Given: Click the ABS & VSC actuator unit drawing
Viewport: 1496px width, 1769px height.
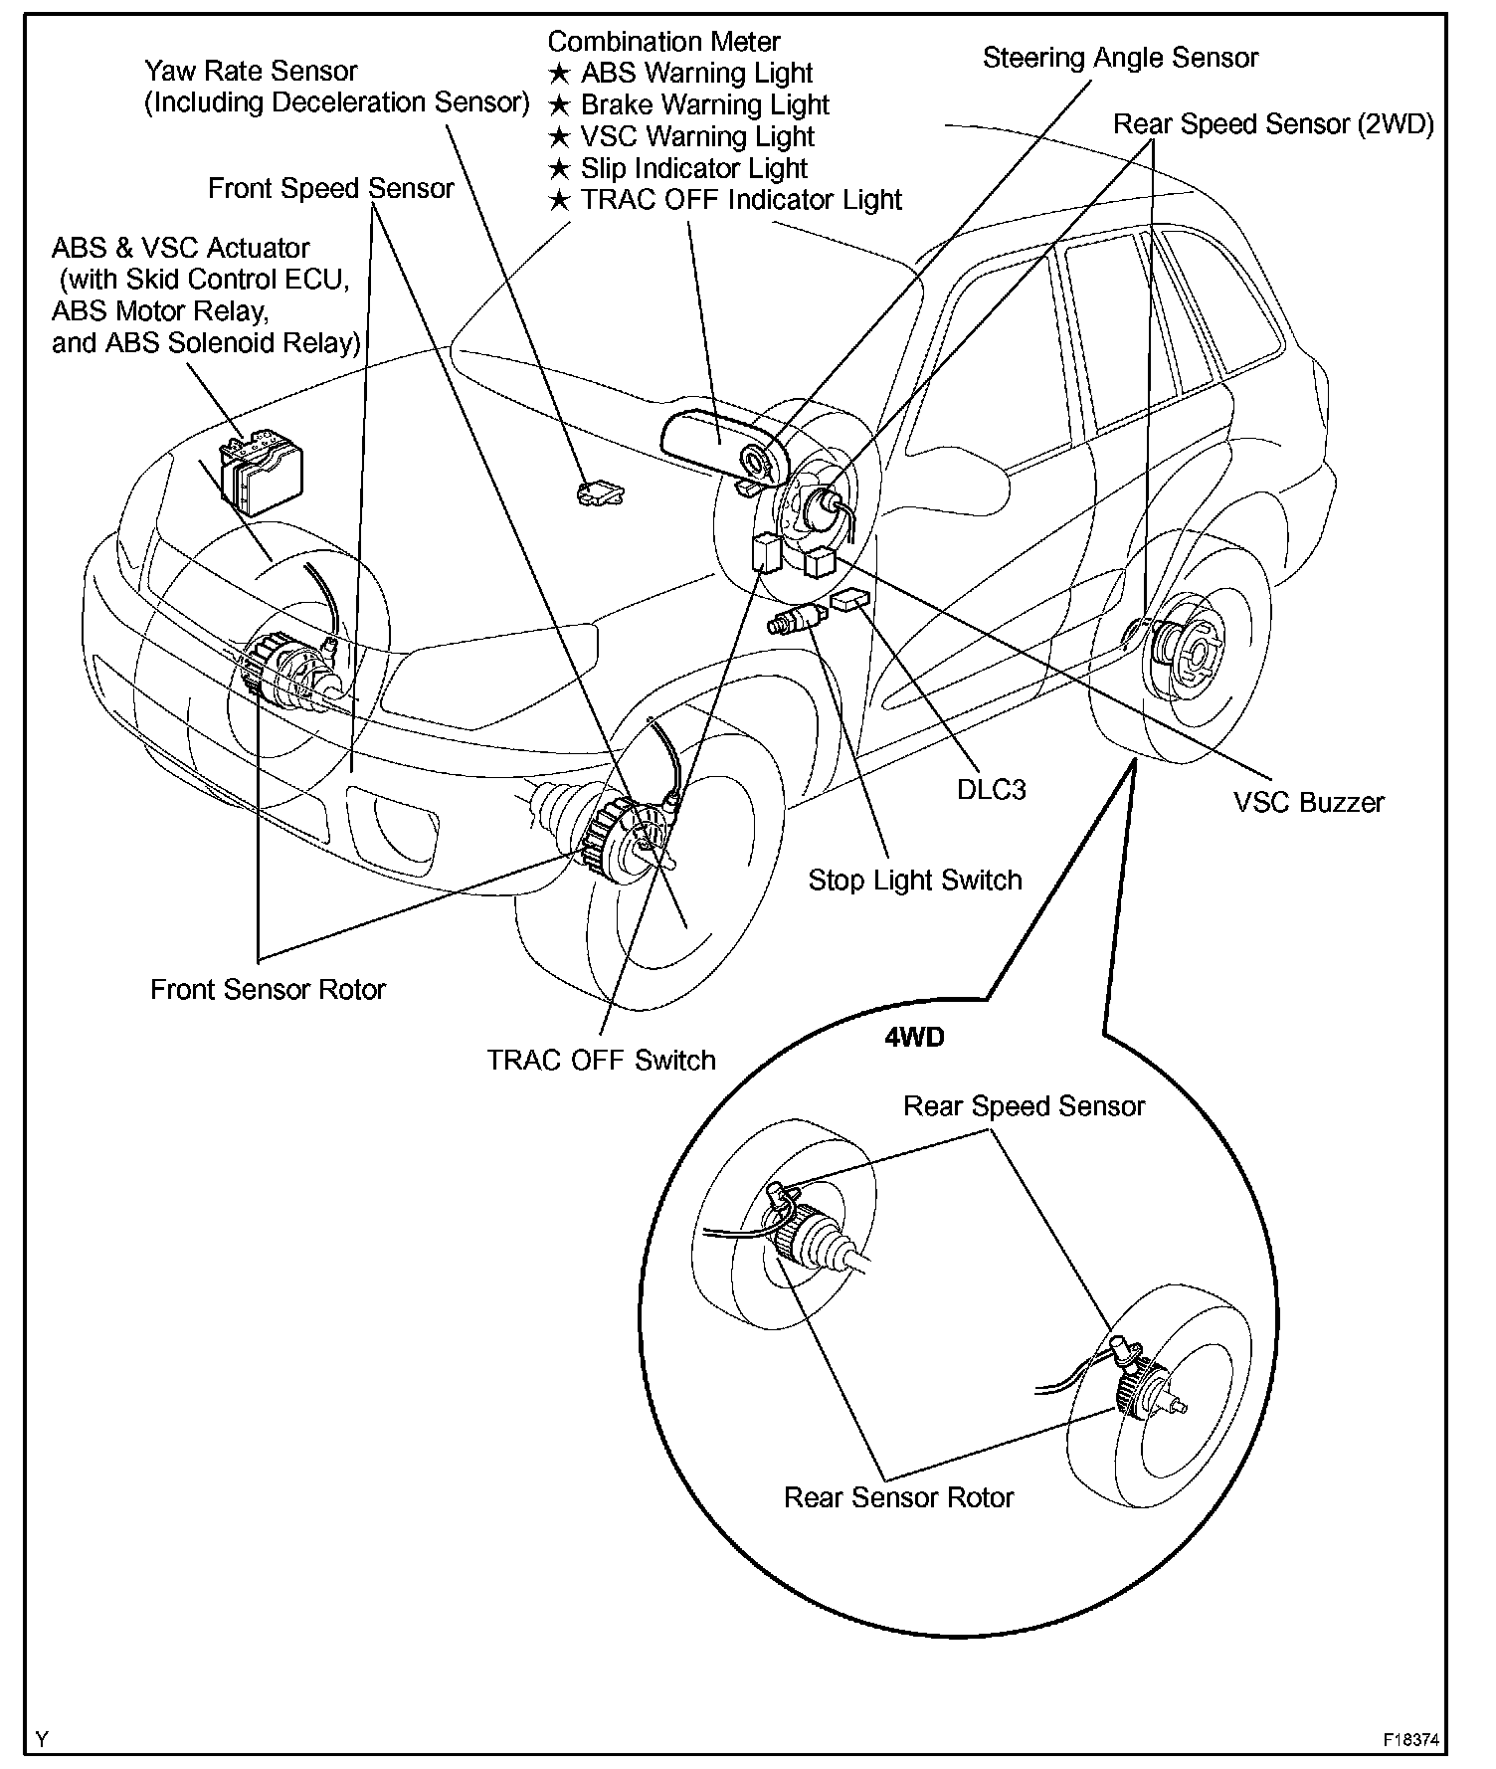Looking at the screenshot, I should [x=261, y=474].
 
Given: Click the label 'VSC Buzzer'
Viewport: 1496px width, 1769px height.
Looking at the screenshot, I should [x=1308, y=802].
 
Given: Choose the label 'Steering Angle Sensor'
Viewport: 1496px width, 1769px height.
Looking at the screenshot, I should [x=1120, y=58].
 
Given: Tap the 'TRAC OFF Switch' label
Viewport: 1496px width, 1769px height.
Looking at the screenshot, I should [x=601, y=1060].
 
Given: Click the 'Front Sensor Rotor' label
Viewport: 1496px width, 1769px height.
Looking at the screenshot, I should [x=268, y=989].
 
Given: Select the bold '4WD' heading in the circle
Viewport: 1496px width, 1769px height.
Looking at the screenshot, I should [x=914, y=1037].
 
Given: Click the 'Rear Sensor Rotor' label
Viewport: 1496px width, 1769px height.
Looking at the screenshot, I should [x=898, y=1497].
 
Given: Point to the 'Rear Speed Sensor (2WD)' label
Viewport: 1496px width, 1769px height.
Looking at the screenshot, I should [x=1272, y=124].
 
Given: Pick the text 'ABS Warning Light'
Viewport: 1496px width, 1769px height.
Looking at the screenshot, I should [x=696, y=73].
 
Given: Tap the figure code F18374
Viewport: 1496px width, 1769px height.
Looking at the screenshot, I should [x=1410, y=1740].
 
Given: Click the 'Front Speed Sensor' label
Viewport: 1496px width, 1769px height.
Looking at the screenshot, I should [x=330, y=188].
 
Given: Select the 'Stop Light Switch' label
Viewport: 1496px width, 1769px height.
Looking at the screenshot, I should [x=914, y=880].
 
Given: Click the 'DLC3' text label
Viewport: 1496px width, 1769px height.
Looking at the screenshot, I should [x=991, y=789].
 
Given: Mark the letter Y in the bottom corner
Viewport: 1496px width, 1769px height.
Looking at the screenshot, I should [x=42, y=1739].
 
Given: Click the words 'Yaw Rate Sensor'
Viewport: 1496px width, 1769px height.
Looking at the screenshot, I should [x=251, y=71].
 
